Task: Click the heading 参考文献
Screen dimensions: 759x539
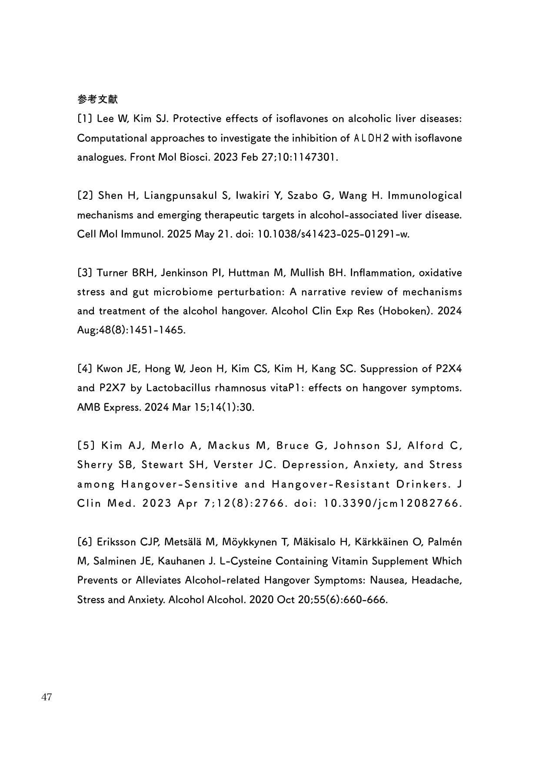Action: (97, 99)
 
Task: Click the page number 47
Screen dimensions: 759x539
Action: (47, 697)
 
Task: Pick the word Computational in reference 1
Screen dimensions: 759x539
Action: (112, 139)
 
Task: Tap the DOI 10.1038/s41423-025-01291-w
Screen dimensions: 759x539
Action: (334, 234)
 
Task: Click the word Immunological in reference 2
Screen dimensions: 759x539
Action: (424, 196)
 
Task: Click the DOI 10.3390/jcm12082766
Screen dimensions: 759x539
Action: (393, 504)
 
